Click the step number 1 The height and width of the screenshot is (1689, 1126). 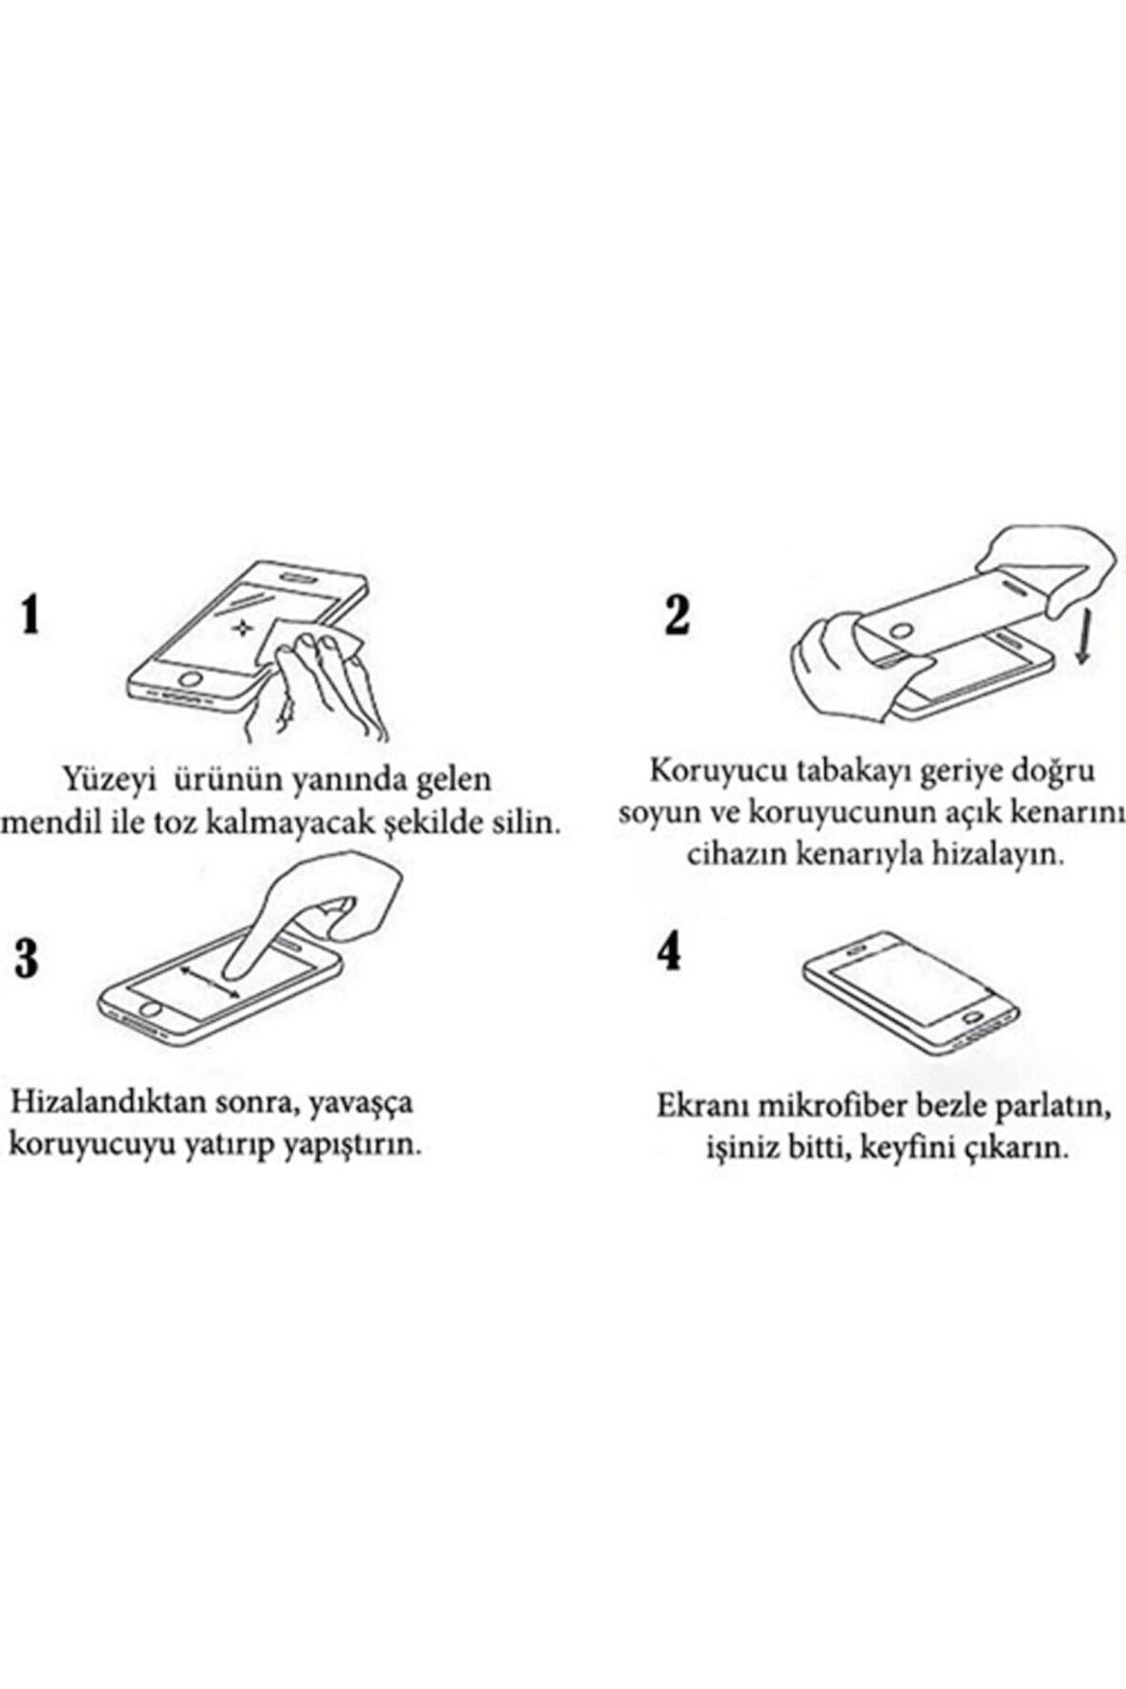31,614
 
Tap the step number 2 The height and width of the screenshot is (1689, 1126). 677,614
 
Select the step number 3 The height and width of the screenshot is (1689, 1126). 27,957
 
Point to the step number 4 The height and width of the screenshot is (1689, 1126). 671,951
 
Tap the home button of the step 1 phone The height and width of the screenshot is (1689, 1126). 192,679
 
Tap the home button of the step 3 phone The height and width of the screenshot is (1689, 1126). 149,1009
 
